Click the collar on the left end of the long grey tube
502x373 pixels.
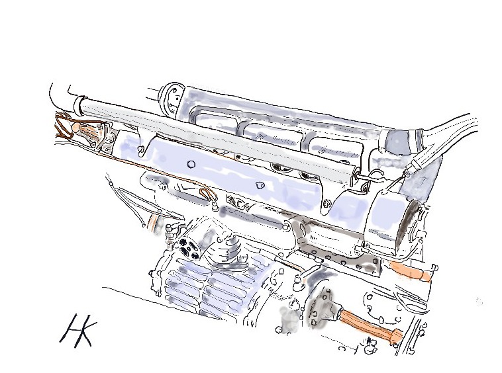80,105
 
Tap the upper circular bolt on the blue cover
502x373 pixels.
191,164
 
